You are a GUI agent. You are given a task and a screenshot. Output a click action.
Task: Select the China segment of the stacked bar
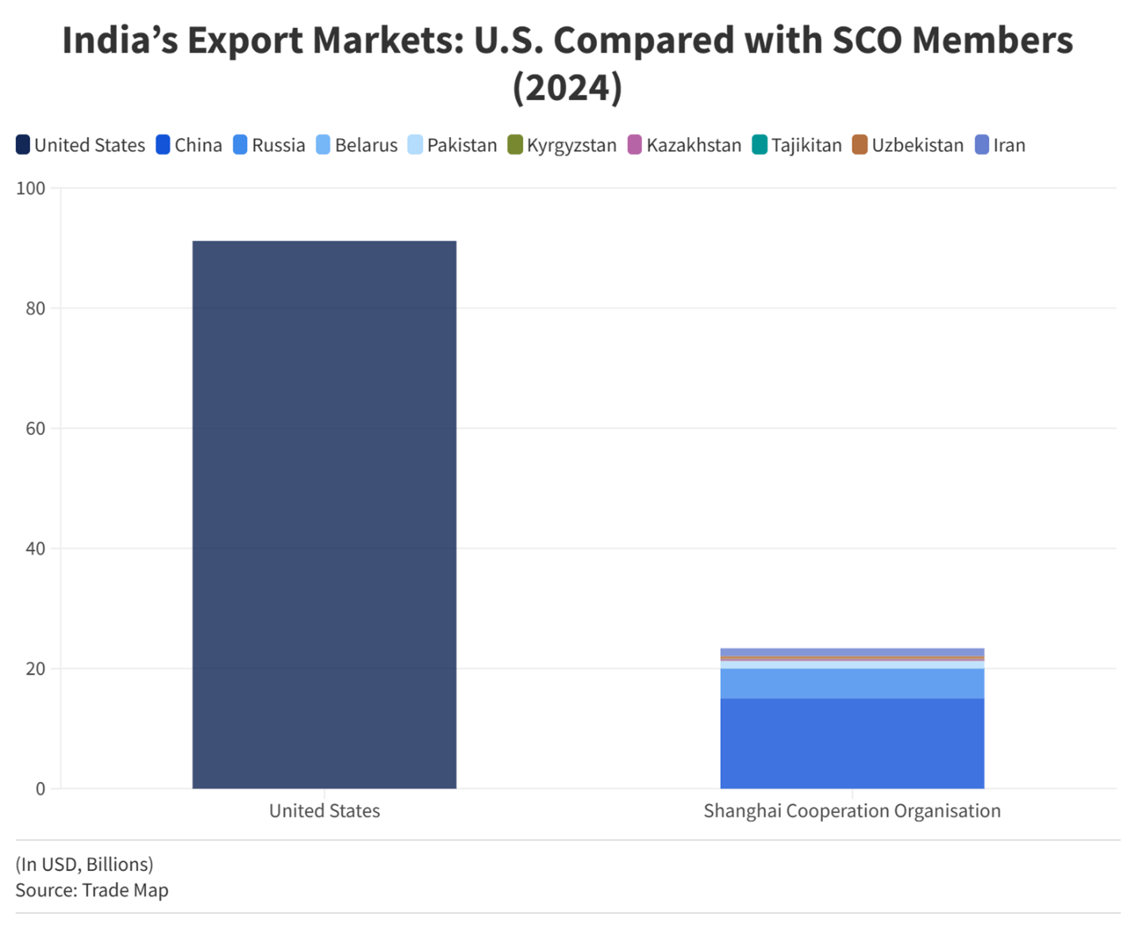(852, 743)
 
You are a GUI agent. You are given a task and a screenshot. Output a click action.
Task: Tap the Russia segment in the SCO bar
(852, 683)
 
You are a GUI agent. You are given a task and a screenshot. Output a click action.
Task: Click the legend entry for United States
(80, 145)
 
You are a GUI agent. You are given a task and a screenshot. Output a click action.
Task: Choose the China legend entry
(189, 145)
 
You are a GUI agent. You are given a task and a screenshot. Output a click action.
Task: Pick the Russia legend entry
(269, 145)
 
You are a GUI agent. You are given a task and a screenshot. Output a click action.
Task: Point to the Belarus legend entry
(356, 145)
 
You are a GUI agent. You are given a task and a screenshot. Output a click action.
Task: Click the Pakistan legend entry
(452, 145)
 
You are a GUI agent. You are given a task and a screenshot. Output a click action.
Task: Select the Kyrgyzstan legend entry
(562, 145)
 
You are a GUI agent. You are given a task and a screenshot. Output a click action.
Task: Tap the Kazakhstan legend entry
(684, 145)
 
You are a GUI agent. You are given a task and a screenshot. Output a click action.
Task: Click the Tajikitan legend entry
(797, 145)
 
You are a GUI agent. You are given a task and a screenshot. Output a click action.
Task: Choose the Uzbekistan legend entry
(908, 145)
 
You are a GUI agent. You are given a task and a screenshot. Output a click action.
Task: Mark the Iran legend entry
(1000, 145)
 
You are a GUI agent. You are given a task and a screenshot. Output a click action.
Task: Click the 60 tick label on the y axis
(36, 429)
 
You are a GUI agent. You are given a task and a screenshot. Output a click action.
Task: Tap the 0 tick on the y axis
(40, 789)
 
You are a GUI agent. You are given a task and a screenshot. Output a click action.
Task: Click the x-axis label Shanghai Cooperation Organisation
(852, 811)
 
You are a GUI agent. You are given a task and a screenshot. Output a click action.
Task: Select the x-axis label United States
(324, 811)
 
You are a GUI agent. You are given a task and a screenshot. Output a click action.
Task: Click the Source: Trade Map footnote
(92, 890)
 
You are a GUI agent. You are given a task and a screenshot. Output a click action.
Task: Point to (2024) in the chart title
(567, 87)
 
